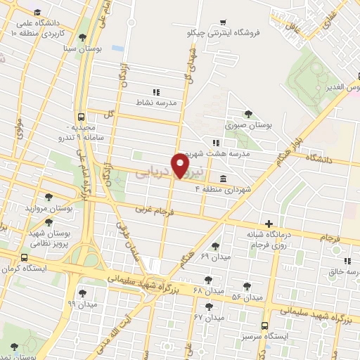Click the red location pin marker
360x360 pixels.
181,166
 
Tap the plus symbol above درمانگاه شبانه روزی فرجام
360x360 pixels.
268,223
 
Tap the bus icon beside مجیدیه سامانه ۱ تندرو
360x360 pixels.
82,117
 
